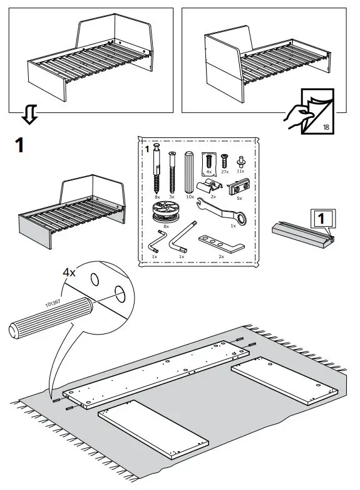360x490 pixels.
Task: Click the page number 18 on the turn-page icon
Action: point(326,127)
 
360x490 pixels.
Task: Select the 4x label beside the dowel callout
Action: point(70,273)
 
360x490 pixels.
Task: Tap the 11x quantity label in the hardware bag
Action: point(240,170)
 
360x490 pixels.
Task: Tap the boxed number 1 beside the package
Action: point(319,219)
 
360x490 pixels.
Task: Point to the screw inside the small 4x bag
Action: point(209,159)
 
